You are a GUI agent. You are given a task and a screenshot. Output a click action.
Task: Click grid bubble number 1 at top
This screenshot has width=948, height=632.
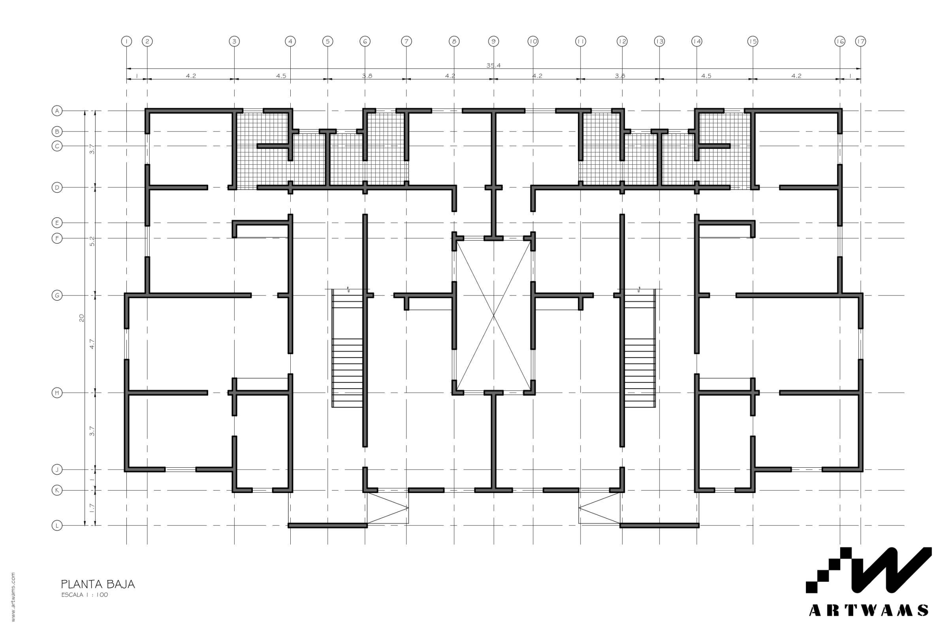tap(126, 41)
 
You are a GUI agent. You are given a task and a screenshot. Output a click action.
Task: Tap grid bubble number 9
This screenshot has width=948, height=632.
tap(494, 41)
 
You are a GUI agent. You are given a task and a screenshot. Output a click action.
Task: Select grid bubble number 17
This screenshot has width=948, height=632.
tap(861, 41)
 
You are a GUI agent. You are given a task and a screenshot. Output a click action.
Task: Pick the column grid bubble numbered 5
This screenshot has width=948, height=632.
tap(328, 41)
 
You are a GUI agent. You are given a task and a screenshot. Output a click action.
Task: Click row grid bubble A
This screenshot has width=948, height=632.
tap(57, 111)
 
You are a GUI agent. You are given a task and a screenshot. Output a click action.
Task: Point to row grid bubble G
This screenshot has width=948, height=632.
tap(57, 295)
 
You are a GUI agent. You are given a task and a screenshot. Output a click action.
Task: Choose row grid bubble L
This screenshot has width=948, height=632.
tap(57, 526)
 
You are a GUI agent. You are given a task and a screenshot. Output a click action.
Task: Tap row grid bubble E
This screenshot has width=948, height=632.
tap(57, 222)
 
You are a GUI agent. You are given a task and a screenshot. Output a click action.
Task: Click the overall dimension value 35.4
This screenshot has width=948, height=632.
tap(493, 65)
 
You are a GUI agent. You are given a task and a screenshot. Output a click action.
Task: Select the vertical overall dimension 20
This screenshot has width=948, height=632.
tap(81, 318)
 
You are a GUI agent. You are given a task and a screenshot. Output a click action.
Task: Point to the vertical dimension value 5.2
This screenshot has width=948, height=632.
tap(92, 241)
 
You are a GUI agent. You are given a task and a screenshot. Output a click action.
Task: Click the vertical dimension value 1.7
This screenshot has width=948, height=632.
tap(92, 508)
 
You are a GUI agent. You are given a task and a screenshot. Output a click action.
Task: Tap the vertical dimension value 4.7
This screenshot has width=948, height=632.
tap(92, 344)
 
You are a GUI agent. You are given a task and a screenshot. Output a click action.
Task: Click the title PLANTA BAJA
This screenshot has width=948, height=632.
tap(98, 584)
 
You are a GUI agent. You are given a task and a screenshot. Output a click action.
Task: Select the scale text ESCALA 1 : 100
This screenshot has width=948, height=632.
tap(85, 594)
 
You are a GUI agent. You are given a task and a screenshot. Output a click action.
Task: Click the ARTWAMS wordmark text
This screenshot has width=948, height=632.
tap(869, 610)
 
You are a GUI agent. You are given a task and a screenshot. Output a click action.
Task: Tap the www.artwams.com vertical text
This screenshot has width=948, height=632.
tap(13, 597)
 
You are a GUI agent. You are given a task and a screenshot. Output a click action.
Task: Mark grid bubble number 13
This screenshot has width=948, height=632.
tap(659, 41)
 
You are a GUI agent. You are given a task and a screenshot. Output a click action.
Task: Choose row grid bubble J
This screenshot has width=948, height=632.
tap(57, 470)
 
